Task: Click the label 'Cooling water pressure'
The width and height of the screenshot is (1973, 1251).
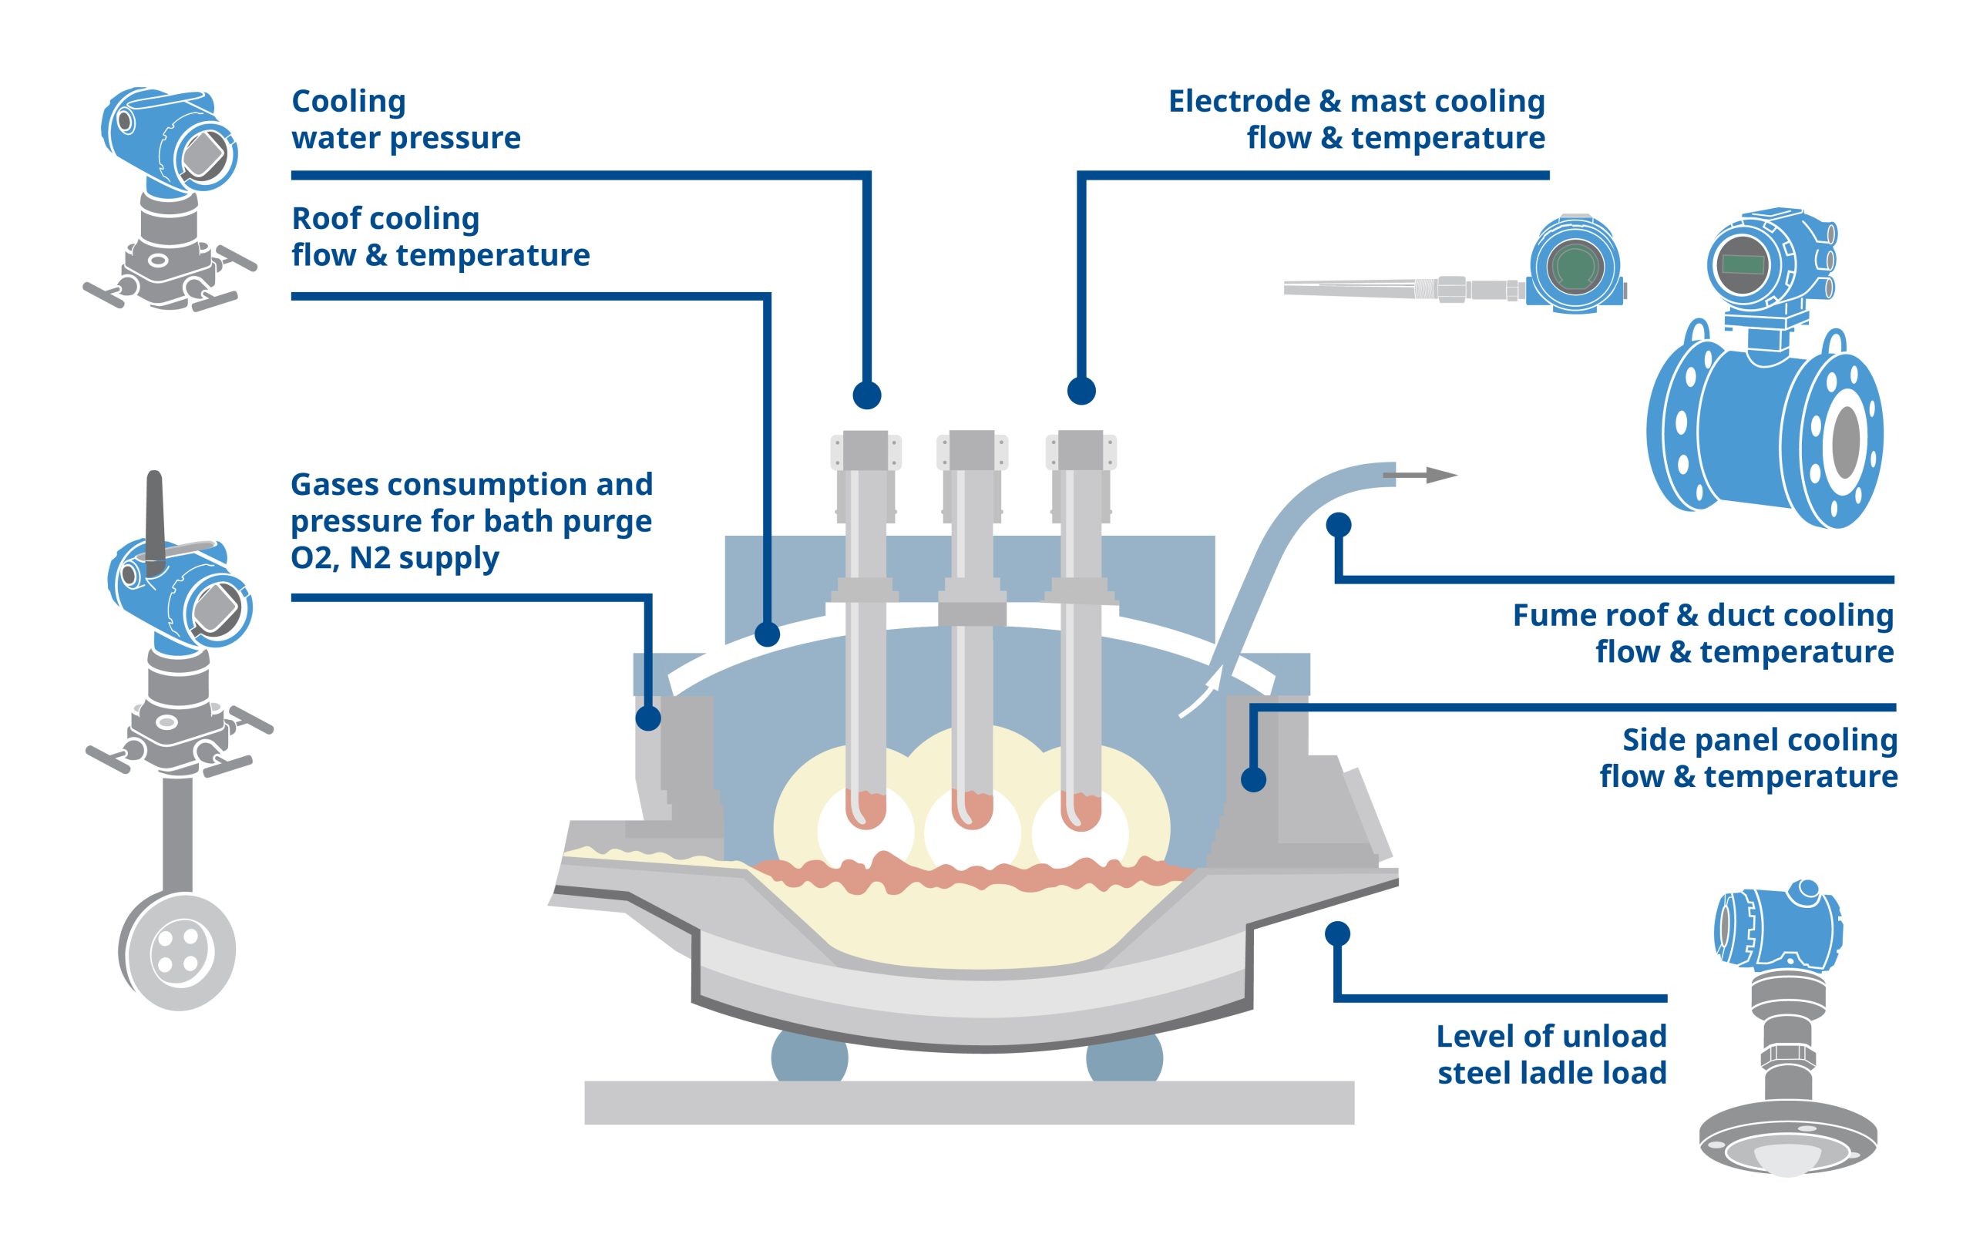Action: (405, 119)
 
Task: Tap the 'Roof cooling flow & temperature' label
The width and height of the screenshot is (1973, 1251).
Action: (440, 237)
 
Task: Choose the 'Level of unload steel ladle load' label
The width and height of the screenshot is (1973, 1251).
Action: (1551, 1054)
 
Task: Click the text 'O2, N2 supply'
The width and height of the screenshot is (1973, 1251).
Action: (394, 558)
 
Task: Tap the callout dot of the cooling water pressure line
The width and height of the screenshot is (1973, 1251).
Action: (867, 395)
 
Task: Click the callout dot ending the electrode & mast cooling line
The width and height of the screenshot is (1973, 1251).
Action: (1081, 391)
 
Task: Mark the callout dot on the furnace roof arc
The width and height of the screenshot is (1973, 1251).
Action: (767, 634)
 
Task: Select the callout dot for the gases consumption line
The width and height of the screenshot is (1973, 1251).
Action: (648, 718)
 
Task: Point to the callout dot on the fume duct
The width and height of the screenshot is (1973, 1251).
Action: (1339, 524)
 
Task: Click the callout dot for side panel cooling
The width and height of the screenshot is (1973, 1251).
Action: (1253, 779)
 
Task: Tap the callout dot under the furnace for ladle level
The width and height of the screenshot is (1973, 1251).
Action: (1337, 933)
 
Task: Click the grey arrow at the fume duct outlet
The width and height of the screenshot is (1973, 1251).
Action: (1419, 475)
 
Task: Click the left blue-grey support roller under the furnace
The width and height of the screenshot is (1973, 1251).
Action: (809, 1058)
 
